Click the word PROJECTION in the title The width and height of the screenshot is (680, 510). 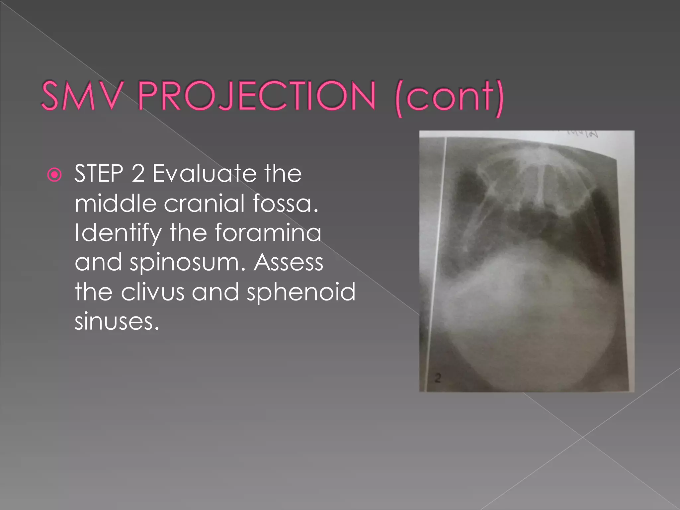pos(256,96)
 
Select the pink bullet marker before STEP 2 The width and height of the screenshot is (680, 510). pos(54,175)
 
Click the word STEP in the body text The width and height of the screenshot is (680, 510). pos(99,174)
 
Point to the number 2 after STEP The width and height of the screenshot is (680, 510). pos(138,174)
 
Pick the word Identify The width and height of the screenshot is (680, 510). pos(118,233)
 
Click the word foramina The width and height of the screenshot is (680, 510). pos(268,233)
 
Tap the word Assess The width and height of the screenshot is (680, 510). pos(288,262)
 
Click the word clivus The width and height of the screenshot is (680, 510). pos(152,292)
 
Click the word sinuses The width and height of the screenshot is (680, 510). pos(117,322)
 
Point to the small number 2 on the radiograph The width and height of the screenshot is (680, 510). pos(438,378)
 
